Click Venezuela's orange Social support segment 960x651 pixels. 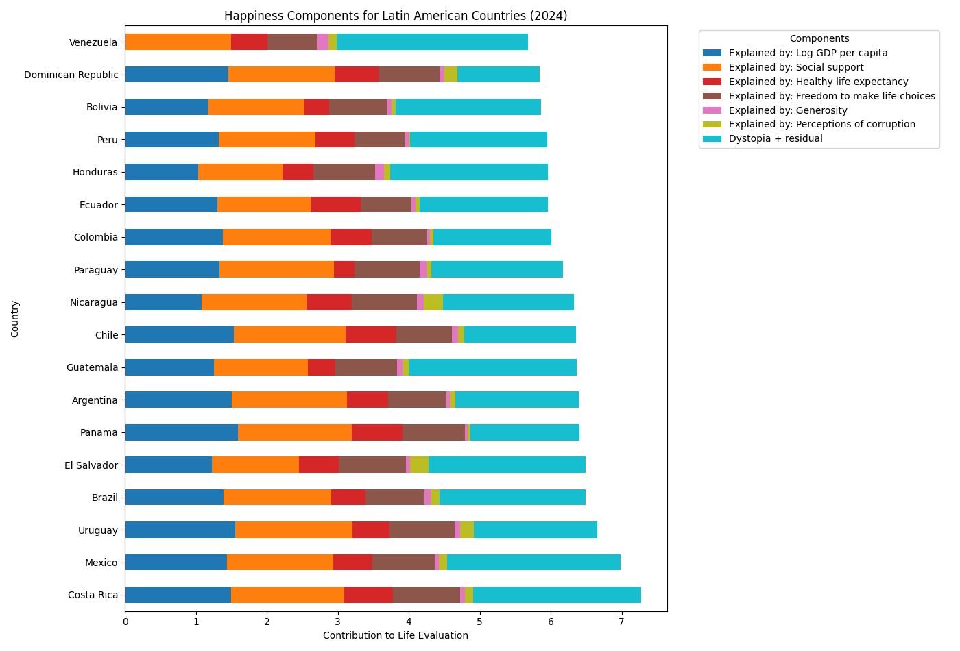coord(178,42)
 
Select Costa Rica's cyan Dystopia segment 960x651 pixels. coord(557,595)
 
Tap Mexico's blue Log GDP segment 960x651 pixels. coord(176,563)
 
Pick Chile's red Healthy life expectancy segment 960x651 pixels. coord(371,334)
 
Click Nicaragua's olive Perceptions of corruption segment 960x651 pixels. coord(433,302)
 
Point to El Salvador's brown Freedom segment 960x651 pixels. coord(372,465)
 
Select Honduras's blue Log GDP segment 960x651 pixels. coord(161,172)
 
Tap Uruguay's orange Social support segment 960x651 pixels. coord(293,530)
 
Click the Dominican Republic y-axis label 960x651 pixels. coord(71,75)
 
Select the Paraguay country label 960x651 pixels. coord(96,270)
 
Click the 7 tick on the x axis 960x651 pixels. coord(622,622)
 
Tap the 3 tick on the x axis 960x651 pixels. coord(338,622)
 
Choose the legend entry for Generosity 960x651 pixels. coord(788,110)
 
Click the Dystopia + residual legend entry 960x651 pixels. coord(776,138)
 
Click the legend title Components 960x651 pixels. coord(819,39)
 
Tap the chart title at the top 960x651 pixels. coord(396,16)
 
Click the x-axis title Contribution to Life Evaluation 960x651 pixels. coord(396,635)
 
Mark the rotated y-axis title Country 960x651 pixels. coord(15,319)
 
